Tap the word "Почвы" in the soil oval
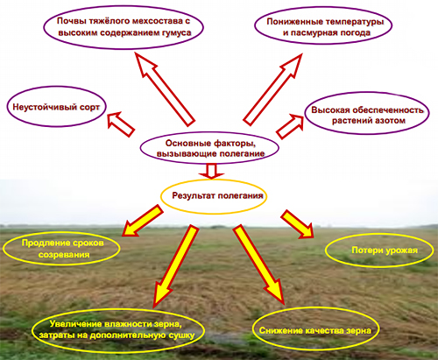click(67, 21)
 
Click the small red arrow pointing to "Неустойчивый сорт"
click(120, 124)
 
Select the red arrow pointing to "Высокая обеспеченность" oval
click(290, 126)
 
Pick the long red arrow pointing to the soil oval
click(165, 88)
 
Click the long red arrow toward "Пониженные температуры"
click(272, 89)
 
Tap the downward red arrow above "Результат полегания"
click(211, 171)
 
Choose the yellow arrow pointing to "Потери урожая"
click(297, 223)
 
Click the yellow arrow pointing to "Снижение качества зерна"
click(258, 264)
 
